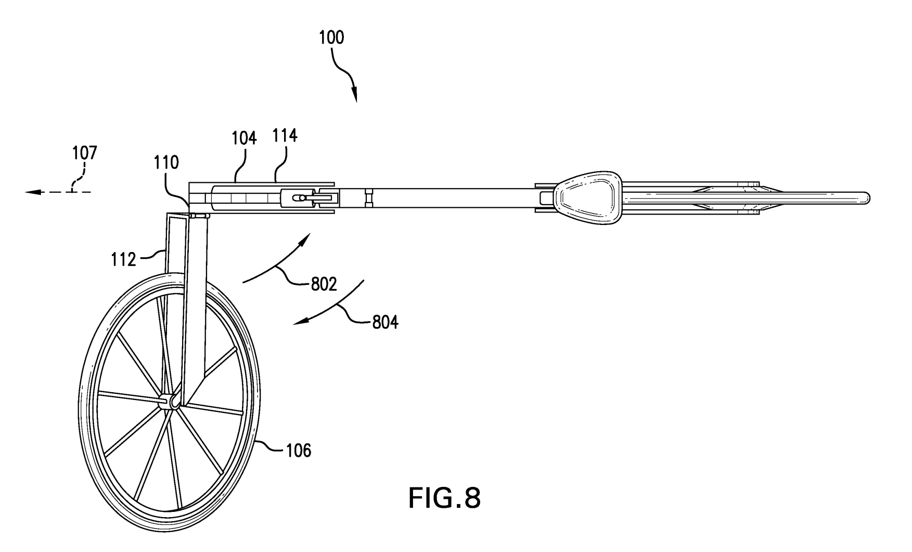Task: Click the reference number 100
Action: [x=332, y=38]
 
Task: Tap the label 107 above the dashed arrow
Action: [x=84, y=153]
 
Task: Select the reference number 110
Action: [x=166, y=163]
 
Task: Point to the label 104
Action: [x=244, y=139]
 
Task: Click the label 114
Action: [x=285, y=136]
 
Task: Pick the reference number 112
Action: [x=123, y=259]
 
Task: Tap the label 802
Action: [x=324, y=284]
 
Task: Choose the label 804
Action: [x=385, y=323]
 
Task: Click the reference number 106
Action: [x=299, y=450]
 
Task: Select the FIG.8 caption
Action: [x=444, y=498]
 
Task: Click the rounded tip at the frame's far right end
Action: [x=866, y=198]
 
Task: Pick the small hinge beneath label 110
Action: [x=199, y=215]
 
